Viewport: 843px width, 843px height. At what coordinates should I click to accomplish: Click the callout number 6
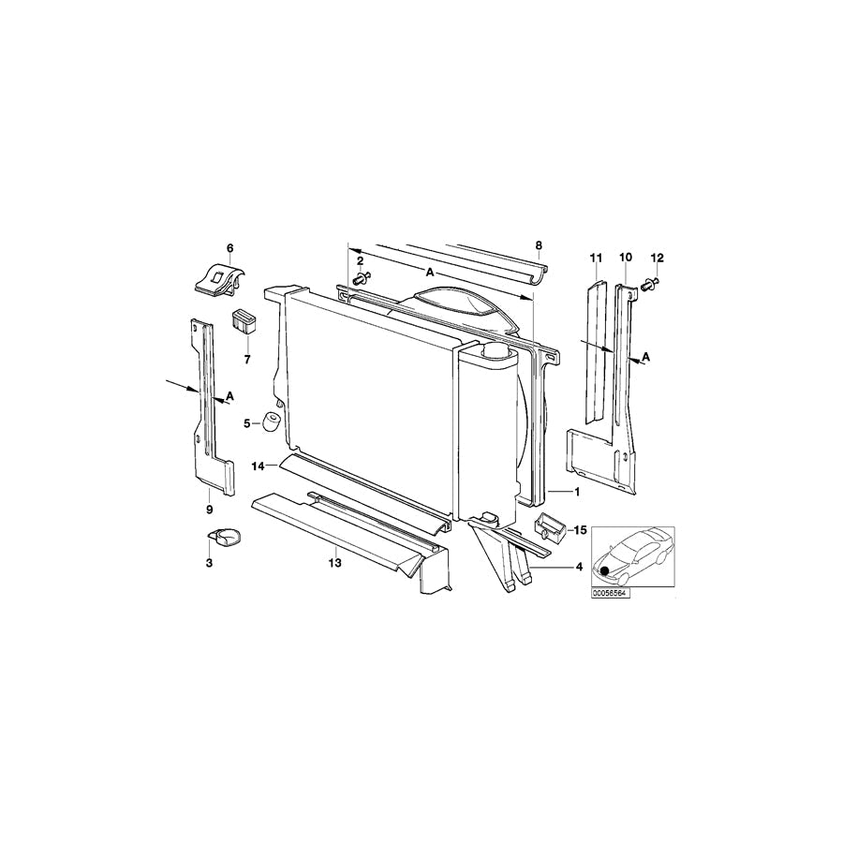click(230, 248)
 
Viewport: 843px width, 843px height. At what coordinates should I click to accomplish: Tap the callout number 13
click(335, 563)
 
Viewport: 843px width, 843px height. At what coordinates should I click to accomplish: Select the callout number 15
click(580, 531)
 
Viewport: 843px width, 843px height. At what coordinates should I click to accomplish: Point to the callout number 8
click(539, 245)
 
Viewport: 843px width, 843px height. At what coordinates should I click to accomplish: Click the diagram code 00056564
click(610, 594)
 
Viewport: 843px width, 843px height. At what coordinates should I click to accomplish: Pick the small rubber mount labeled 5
click(272, 421)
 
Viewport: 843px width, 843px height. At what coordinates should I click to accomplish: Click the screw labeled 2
click(362, 279)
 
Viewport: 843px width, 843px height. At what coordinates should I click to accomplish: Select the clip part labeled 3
click(224, 537)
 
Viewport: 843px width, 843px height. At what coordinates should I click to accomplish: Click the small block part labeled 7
click(244, 321)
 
